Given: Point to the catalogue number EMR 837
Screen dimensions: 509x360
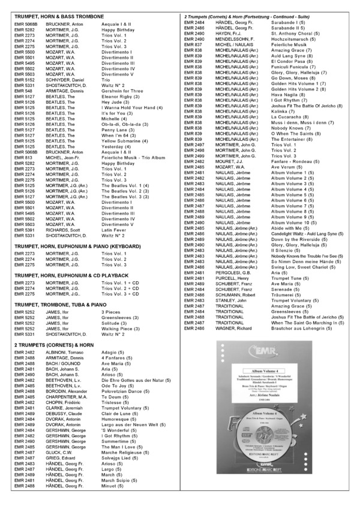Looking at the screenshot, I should tap(194, 44).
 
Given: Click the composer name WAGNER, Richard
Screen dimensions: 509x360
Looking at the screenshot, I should tap(233, 329).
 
